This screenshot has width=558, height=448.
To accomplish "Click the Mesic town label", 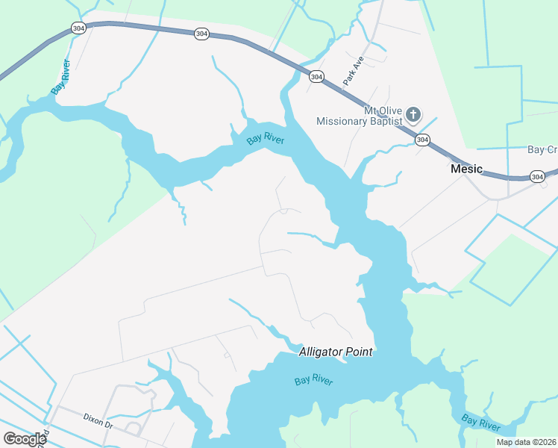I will pyautogui.click(x=467, y=169).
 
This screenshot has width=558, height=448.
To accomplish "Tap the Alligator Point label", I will pyautogui.click(x=335, y=352).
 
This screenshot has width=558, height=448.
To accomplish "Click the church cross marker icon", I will pyautogui.click(x=413, y=115).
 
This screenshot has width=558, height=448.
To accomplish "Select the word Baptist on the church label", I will pyautogui.click(x=386, y=121).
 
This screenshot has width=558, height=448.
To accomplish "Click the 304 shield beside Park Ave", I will pyautogui.click(x=316, y=77).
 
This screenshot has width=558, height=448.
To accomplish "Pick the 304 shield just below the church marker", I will pyautogui.click(x=422, y=140).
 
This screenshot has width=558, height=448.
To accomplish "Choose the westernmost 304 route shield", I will pyautogui.click(x=79, y=28).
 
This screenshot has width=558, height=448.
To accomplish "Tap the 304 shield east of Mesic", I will pyautogui.click(x=537, y=176).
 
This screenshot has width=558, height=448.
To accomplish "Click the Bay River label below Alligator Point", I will pyautogui.click(x=313, y=381).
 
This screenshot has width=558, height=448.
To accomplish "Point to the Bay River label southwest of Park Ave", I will pyautogui.click(x=266, y=137).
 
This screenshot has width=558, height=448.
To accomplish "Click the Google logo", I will pyautogui.click(x=25, y=439).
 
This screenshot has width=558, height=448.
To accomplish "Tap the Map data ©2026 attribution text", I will pyautogui.click(x=525, y=442).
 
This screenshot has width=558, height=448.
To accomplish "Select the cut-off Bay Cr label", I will pyautogui.click(x=542, y=150).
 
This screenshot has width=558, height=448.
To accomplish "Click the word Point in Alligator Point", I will pyautogui.click(x=357, y=352).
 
